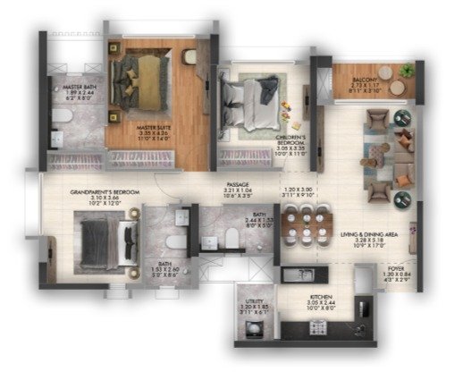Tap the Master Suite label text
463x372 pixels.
[x=147, y=127]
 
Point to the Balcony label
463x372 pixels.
[x=366, y=80]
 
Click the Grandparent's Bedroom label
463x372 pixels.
[x=103, y=191]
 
